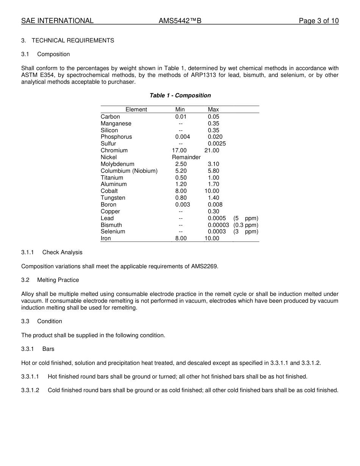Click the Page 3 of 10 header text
pos(318,21)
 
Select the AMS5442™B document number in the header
pos(180,21)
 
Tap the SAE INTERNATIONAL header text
pos(57,21)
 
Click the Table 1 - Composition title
pos(180,95)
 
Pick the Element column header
pos(136,109)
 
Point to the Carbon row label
pos(110,117)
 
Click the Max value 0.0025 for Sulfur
pos(217,144)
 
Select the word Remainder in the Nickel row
pos(186,157)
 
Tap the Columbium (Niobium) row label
pos(129,171)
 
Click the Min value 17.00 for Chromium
pos(179,150)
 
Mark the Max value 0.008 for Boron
pos(215,205)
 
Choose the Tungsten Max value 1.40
pos(213,198)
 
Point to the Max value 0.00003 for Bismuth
pos(218,225)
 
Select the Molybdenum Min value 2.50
pos(181,164)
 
